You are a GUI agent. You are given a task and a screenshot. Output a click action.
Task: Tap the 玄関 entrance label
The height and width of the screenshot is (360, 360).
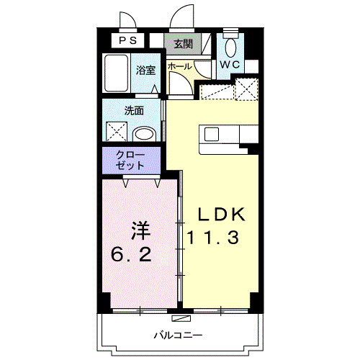coord(183,43)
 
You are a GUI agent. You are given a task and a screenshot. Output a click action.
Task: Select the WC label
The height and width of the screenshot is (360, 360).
coord(230,65)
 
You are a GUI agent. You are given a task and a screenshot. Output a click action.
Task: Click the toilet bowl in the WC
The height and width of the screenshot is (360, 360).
coord(230,48)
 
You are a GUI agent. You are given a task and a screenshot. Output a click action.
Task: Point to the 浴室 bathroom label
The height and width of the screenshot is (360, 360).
coord(145,70)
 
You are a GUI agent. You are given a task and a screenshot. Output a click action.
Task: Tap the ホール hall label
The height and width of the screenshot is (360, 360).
coord(179,66)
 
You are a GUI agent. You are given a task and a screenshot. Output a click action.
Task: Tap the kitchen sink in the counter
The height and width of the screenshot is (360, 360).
coord(212,134)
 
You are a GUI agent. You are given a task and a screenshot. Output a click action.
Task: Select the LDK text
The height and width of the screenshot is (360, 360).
coord(222,214)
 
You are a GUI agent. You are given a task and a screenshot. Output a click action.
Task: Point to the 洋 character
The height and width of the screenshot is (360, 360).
coord(140,232)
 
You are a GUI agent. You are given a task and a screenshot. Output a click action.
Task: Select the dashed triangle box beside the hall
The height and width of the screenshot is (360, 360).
coord(213,91)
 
